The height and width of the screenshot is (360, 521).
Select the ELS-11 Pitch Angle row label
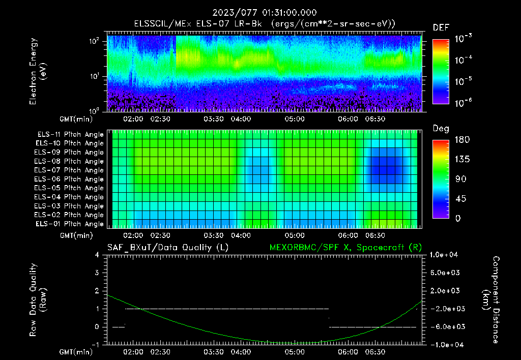click(x=70, y=135)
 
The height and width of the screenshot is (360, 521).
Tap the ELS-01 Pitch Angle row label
click(x=70, y=224)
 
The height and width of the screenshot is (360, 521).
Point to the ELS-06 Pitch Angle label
click(x=70, y=179)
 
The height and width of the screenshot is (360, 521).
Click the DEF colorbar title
click(x=441, y=27)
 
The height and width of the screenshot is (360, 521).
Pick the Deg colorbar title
click(x=441, y=129)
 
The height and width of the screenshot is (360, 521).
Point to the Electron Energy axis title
click(x=38, y=71)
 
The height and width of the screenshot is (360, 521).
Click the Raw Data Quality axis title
click(x=38, y=300)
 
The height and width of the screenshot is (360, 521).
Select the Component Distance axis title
click(x=491, y=300)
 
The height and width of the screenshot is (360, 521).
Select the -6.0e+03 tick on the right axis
click(x=445, y=326)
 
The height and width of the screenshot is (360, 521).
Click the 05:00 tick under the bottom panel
click(x=294, y=351)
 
